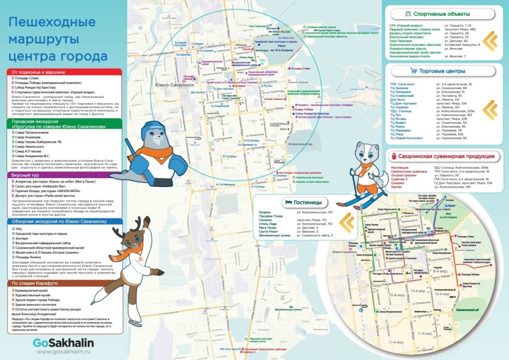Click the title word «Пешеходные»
(54, 23)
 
